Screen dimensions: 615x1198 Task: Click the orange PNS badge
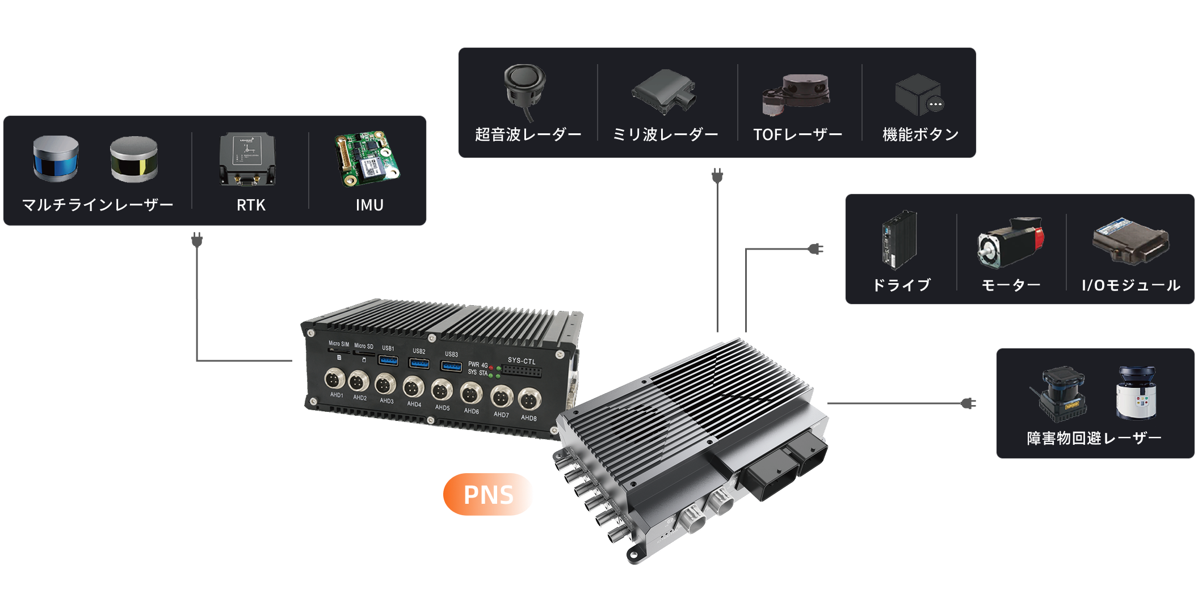(488, 494)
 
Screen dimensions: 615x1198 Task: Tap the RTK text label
(251, 205)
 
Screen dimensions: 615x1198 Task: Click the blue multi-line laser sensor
(56, 158)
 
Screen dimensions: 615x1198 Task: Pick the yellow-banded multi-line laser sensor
(134, 159)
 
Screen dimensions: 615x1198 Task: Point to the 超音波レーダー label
(528, 134)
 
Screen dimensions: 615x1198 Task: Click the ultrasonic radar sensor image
(525, 88)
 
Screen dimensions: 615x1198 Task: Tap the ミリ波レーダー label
(665, 134)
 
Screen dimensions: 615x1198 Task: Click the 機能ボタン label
(920, 134)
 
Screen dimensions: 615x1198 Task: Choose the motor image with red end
(1011, 242)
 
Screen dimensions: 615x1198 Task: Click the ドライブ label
(901, 285)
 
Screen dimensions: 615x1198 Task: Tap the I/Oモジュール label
(1130, 285)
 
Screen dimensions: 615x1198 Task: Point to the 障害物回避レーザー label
(1094, 438)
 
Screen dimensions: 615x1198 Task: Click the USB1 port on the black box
(388, 360)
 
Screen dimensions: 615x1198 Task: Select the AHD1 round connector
(334, 378)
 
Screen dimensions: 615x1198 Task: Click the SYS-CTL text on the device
(522, 360)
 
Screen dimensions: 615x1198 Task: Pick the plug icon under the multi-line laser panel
(197, 241)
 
